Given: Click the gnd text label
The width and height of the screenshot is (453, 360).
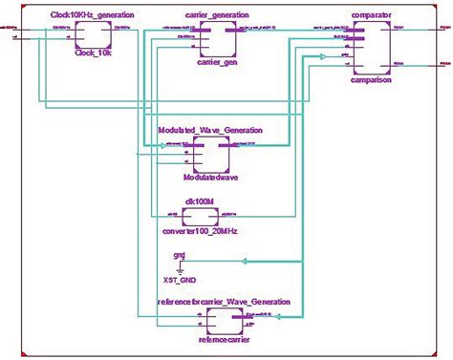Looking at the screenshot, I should pyautogui.click(x=179, y=255).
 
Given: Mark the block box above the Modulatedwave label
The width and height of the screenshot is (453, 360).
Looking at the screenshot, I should pyautogui.click(x=211, y=152).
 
